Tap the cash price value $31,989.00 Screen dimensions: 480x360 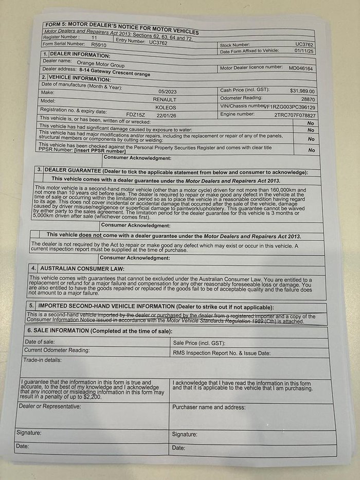(302, 91)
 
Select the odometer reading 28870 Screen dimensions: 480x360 (308, 99)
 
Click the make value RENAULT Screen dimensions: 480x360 (164, 98)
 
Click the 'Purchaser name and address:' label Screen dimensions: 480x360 (209, 407)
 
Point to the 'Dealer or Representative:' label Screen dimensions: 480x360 (50, 406)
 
